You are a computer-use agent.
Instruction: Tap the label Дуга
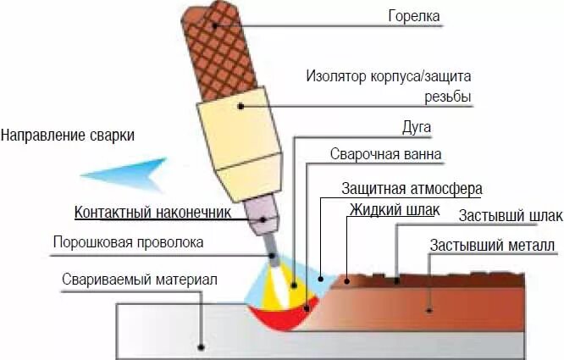[x=416, y=127]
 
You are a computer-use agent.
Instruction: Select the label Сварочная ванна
[x=385, y=154]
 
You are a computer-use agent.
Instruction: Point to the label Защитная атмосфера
[x=411, y=188]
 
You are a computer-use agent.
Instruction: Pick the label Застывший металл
[x=492, y=246]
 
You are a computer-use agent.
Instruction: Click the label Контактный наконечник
[x=152, y=212]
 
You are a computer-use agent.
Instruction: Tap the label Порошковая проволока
[x=128, y=242]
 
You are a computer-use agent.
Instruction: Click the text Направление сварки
[x=68, y=135]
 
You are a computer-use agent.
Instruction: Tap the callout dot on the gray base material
[x=201, y=346]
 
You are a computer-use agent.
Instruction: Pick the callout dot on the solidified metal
[x=430, y=310]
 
